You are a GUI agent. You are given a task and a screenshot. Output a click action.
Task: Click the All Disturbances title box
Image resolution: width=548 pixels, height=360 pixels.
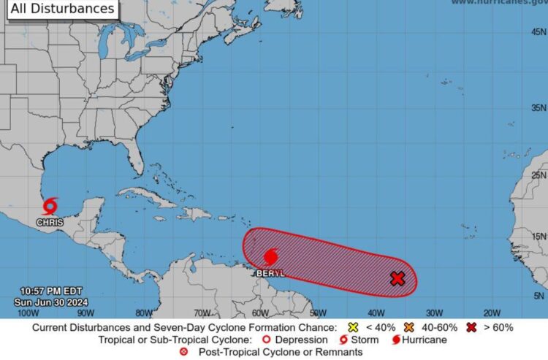click(x=63, y=9)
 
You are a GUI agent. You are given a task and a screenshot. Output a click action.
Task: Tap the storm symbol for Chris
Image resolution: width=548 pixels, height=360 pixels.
click(x=50, y=206)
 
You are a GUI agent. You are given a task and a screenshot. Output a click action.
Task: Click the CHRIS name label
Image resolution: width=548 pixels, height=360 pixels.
click(x=50, y=222)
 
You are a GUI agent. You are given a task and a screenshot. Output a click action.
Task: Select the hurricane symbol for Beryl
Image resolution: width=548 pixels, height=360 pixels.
click(x=270, y=256)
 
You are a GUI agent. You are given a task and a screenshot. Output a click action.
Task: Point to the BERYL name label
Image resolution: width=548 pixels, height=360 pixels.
click(x=270, y=273)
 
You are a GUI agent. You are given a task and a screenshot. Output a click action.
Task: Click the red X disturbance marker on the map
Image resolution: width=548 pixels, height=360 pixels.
click(x=397, y=278)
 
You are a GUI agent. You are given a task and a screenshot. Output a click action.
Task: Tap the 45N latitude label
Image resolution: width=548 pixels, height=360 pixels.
click(x=539, y=32)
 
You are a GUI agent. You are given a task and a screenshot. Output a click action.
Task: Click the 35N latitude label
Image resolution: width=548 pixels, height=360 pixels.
click(x=539, y=107)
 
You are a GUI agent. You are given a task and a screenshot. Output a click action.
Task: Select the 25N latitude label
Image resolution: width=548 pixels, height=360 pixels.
click(x=539, y=175)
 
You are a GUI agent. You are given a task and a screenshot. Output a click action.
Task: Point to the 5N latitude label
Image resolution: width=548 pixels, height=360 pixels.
click(x=539, y=296)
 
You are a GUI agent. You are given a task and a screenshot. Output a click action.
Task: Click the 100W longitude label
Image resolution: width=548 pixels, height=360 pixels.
click(x=28, y=312)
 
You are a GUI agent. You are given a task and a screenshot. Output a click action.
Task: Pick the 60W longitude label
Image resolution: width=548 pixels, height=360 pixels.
click(x=261, y=312)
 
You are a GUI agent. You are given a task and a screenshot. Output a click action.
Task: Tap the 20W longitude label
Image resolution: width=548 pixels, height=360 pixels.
click(x=492, y=312)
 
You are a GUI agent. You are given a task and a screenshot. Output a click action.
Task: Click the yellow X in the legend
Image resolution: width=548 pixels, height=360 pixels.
click(x=353, y=328)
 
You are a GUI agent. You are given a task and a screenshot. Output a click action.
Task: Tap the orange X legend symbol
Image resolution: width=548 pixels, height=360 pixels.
click(x=408, y=328)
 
